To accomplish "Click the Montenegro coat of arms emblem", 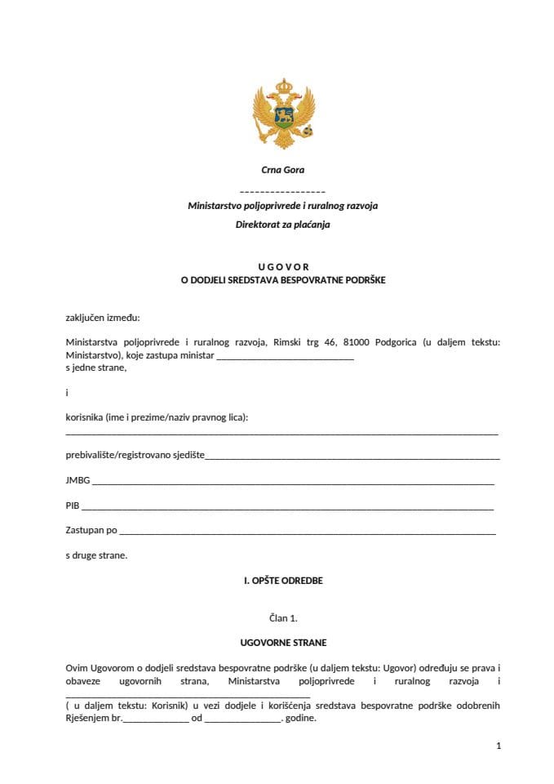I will pos(282,114).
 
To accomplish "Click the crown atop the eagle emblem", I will pos(282,85).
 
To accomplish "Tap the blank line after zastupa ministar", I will pos(285,357).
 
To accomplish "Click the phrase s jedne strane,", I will pos(96,368).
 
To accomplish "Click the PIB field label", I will pos(73,506).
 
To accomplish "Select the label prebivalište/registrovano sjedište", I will pos(135,454).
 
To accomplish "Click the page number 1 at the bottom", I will pos(498,746).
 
